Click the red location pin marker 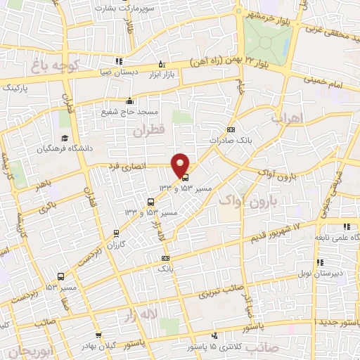181,165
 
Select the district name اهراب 286,119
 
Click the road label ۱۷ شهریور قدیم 276,230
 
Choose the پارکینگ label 18,89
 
